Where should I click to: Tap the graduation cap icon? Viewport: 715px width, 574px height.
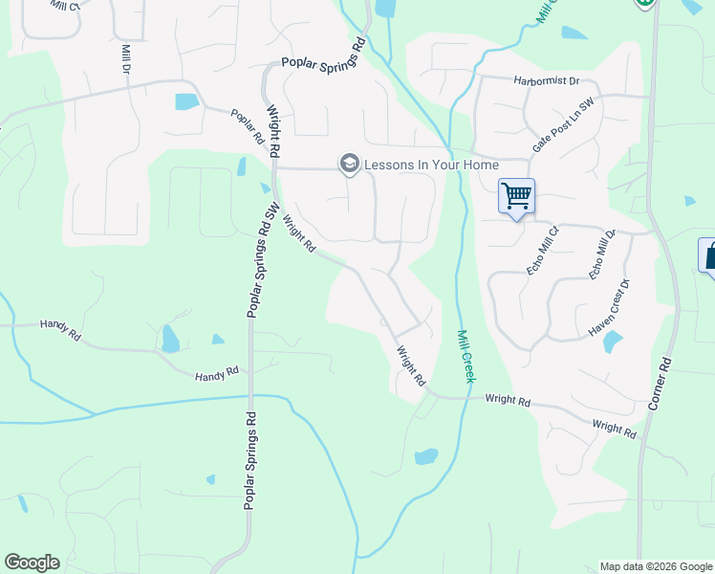coord(349,165)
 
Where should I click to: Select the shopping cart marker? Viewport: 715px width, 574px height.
coord(516,197)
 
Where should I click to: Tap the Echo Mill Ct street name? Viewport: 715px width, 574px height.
coord(542,252)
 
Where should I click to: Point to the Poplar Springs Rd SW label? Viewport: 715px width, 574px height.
coord(259,259)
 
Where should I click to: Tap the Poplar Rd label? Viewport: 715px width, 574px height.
coord(247,125)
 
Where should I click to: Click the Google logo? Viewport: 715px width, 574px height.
coord(32,563)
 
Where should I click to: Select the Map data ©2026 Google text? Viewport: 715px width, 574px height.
coord(655,566)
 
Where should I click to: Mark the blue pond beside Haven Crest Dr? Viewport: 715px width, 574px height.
coord(613,342)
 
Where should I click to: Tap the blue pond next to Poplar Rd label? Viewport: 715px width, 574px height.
coord(186,101)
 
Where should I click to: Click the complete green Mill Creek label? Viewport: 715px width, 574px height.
coord(465,356)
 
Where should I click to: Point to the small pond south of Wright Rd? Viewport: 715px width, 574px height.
coord(426,456)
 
